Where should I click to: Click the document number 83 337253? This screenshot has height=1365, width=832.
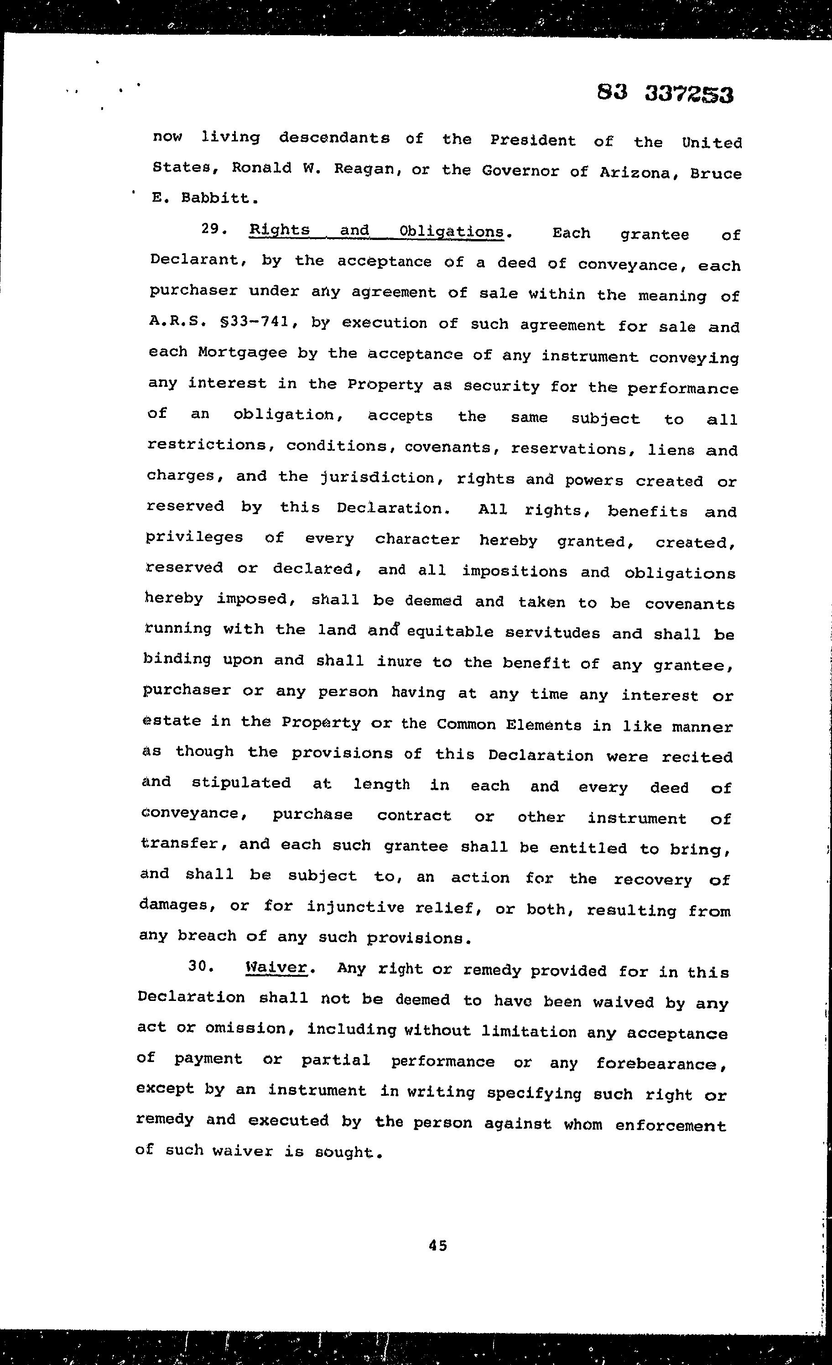pyautogui.click(x=665, y=94)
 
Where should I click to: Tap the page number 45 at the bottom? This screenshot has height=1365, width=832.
pyautogui.click(x=437, y=1245)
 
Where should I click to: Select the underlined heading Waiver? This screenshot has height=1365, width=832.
pyautogui.click(x=276, y=967)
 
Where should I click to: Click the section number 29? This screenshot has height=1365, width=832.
pyautogui.click(x=212, y=229)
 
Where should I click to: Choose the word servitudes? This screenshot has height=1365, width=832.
pyautogui.click(x=552, y=633)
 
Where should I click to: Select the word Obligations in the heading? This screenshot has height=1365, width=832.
pyautogui.click(x=451, y=231)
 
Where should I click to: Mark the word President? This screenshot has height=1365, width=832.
pyautogui.click(x=533, y=141)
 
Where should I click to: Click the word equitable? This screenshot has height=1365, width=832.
pyautogui.click(x=450, y=631)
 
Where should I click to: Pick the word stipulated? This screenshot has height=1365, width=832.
pyautogui.click(x=241, y=783)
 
